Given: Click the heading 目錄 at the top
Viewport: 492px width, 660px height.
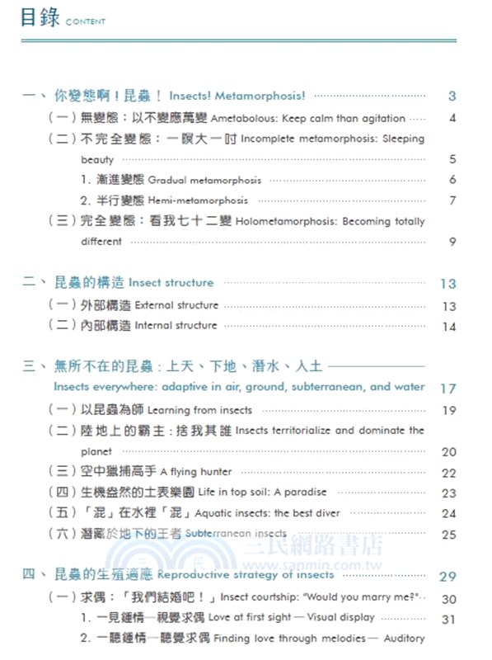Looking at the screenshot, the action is click(x=39, y=17).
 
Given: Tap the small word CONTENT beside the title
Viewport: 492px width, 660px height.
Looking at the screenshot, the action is click(x=83, y=22).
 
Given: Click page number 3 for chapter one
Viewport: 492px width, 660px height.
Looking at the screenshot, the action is click(x=452, y=96).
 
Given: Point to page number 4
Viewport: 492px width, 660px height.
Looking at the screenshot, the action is click(x=452, y=118).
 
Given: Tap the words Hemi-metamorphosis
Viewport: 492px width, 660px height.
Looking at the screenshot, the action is click(x=198, y=200).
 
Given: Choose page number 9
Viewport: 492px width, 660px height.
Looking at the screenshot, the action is click(x=452, y=242).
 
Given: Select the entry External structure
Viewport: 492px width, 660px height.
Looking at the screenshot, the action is click(x=176, y=305).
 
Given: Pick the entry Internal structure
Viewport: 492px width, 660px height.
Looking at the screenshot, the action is click(x=176, y=326).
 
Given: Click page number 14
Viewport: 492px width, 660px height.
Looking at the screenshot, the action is click(x=448, y=327).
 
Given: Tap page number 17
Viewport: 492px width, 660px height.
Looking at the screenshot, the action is click(x=447, y=388).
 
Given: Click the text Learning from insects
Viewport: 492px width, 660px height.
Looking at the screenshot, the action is click(x=200, y=410).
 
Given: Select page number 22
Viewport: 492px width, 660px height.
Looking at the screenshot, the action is click(x=448, y=474).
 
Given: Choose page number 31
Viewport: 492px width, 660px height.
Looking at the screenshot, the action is click(x=448, y=619).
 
